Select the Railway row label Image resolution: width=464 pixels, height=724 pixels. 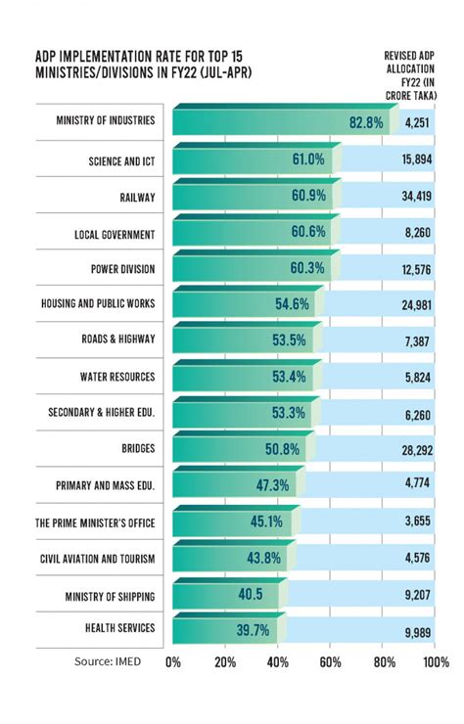(136, 197)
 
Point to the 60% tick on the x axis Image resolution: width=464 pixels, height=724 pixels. (331, 662)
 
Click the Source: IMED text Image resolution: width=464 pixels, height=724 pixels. (108, 661)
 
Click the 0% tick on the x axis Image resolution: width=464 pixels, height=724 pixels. (173, 662)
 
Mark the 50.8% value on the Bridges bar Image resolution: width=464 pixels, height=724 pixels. (280, 449)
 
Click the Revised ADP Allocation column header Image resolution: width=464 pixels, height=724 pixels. (410, 75)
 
